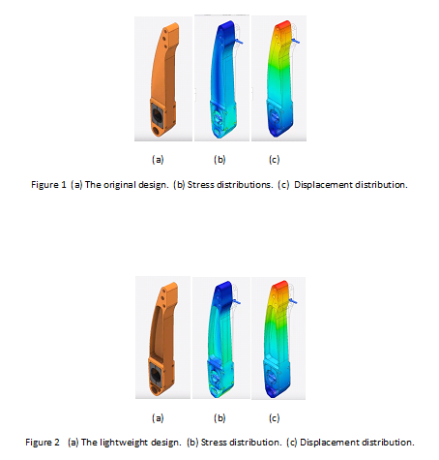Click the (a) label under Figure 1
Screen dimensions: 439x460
(x=158, y=160)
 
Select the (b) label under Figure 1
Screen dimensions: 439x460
(x=219, y=160)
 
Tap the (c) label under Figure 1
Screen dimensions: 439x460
(x=275, y=160)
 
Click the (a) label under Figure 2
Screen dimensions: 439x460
(x=158, y=418)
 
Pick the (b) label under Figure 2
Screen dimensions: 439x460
(x=219, y=418)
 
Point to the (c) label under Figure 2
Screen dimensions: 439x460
(x=275, y=418)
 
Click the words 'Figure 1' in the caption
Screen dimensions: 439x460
(x=48, y=185)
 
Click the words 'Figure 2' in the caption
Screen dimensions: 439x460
(x=43, y=443)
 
